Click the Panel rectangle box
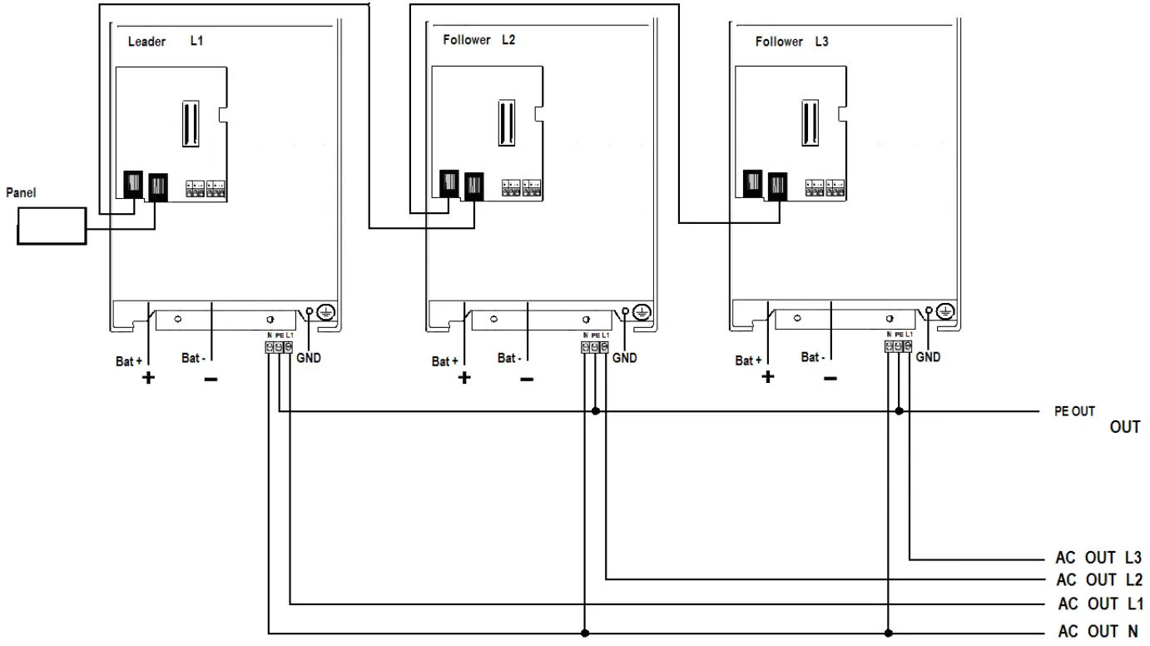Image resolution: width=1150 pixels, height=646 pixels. (52, 226)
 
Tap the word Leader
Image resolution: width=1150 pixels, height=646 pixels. (146, 42)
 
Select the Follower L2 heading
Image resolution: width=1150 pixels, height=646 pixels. (478, 40)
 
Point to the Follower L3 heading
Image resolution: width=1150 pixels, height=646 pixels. (791, 41)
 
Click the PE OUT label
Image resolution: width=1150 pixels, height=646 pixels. (1074, 411)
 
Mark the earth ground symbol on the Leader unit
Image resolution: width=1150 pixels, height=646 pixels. (327, 312)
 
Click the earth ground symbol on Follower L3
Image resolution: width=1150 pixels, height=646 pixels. (944, 311)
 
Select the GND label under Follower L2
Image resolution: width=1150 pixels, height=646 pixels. (624, 358)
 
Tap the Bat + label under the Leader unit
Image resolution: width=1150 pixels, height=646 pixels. (129, 361)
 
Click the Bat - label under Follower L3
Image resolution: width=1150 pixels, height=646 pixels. (813, 358)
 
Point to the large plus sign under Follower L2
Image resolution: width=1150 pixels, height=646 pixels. (464, 377)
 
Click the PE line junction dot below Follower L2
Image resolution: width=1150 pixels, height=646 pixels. (596, 410)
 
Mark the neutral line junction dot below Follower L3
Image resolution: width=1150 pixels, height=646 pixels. (888, 633)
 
